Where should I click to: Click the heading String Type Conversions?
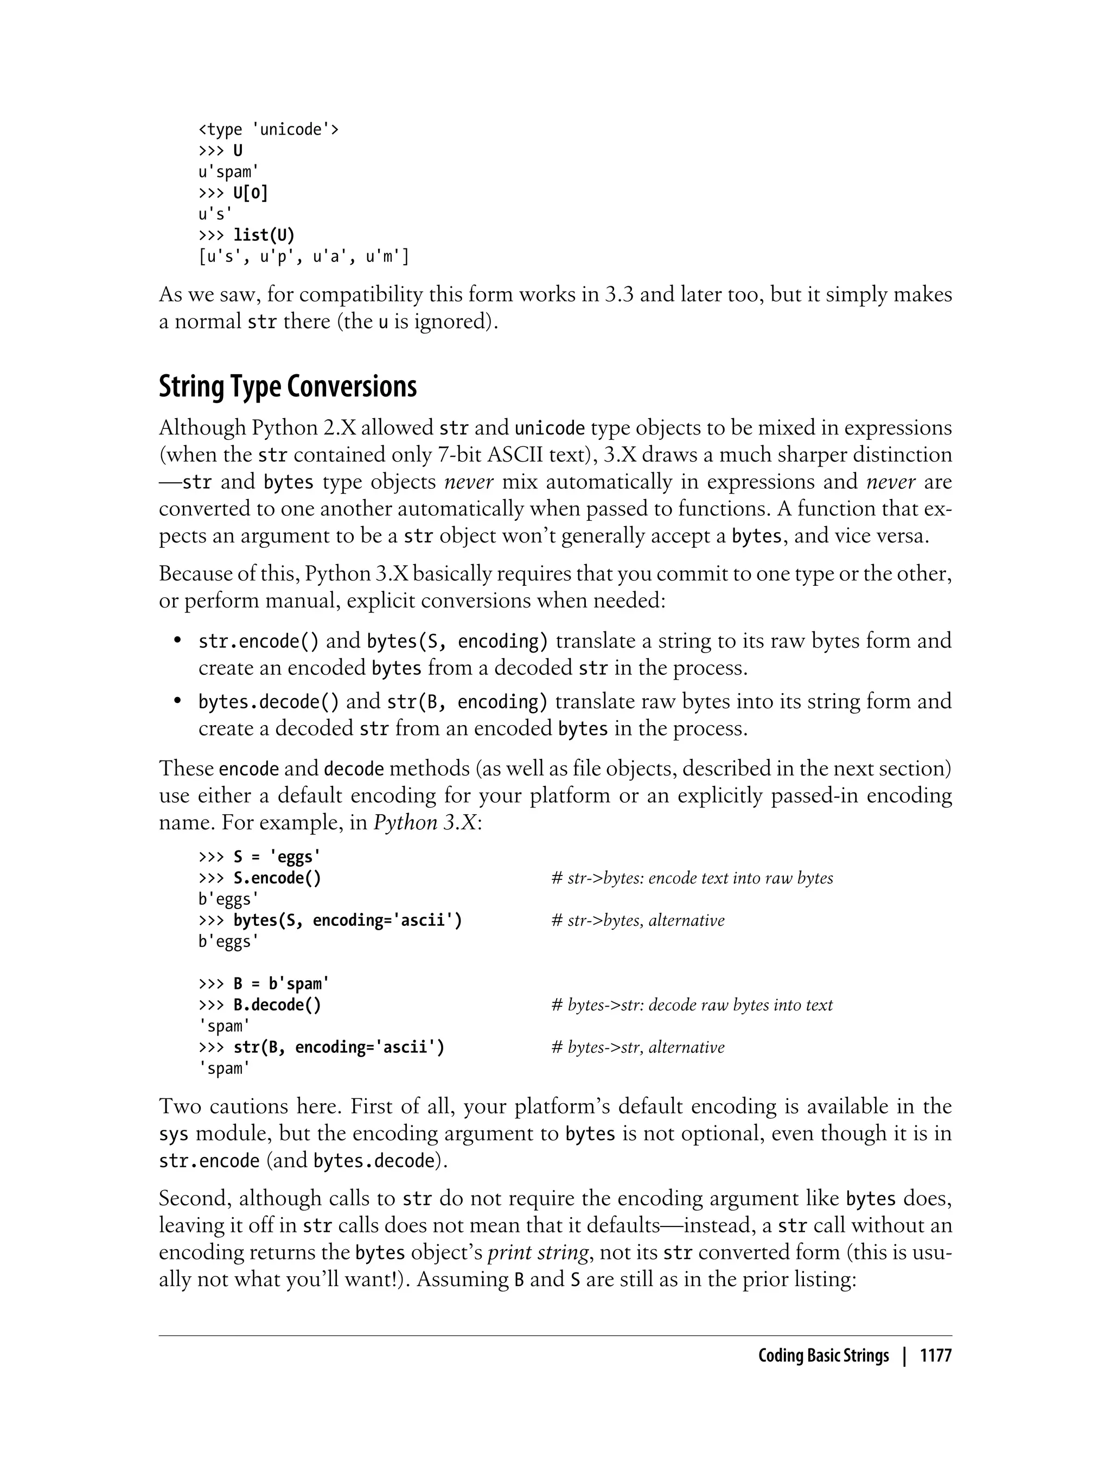288,387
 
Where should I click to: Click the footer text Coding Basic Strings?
823,1355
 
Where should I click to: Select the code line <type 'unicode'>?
269,129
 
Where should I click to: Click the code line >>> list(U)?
247,235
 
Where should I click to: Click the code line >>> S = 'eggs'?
259,857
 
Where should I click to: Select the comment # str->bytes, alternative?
638,920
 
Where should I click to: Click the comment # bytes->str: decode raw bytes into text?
692,1005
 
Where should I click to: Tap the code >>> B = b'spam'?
264,984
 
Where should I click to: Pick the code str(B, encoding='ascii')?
339,1047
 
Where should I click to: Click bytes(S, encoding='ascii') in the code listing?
348,920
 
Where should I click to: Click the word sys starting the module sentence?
173,1134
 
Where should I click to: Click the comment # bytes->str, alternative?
638,1047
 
